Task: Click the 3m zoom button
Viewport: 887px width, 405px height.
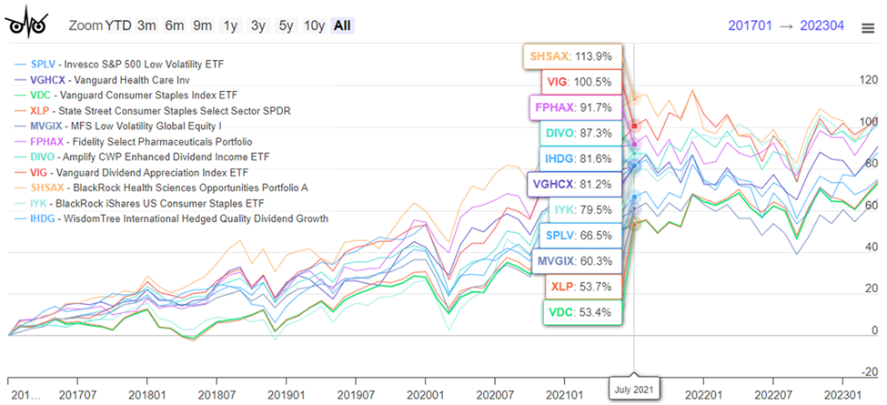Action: pos(146,25)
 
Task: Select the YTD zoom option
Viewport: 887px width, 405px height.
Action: pos(117,25)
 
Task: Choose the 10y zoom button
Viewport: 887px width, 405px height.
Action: pos(314,25)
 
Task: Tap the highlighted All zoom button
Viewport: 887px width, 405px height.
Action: pos(342,25)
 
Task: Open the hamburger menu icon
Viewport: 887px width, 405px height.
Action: pos(868,27)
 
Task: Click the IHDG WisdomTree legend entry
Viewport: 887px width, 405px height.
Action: pos(178,219)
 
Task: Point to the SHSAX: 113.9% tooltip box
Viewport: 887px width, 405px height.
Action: pos(570,56)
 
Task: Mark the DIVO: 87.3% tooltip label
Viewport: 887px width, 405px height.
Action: pos(577,133)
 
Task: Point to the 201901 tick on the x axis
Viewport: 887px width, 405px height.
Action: pos(287,395)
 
